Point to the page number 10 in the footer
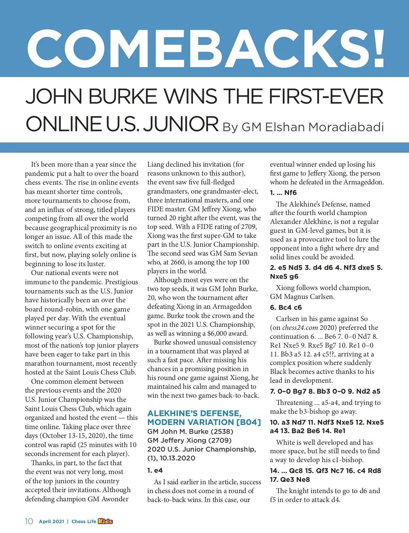click(x=29, y=521)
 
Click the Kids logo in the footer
click(x=105, y=521)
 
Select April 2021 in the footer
click(x=51, y=521)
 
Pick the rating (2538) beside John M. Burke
click(x=222, y=431)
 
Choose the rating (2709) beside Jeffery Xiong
click(x=220, y=440)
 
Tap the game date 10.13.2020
click(x=177, y=458)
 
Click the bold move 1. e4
click(x=155, y=470)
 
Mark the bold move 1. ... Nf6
click(x=283, y=193)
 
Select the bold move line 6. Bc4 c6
click(x=286, y=307)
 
